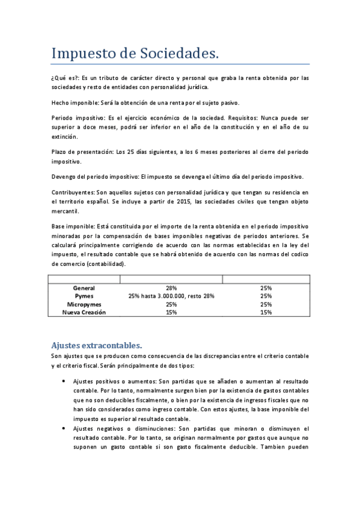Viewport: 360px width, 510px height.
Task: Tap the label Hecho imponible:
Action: (76, 103)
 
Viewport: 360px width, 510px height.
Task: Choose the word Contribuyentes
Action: (73, 192)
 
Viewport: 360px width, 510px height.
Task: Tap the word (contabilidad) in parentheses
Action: (106, 264)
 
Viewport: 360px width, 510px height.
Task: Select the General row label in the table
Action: (84, 289)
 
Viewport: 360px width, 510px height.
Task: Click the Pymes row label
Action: (84, 296)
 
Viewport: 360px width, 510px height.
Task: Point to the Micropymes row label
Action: (84, 304)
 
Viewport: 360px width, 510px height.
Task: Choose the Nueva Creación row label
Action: (84, 312)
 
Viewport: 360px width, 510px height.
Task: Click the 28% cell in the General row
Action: (171, 289)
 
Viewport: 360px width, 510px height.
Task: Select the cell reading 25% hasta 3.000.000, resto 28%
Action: (171, 296)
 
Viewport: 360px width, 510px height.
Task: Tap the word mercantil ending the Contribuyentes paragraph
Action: (66, 212)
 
